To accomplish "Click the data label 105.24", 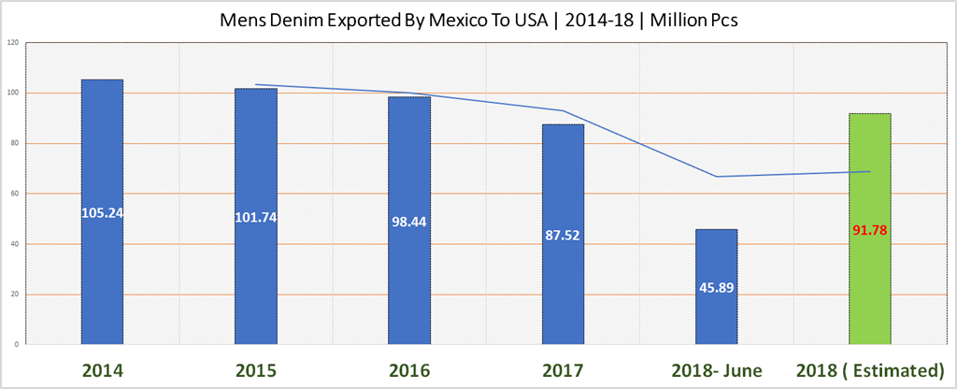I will pos(102,212).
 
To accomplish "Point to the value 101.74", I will pos(255,217).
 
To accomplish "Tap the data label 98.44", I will pos(409,223).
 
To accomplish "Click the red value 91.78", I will pos(870,230).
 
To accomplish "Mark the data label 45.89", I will pos(717,287).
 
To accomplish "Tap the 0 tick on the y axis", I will pos(16,345).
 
